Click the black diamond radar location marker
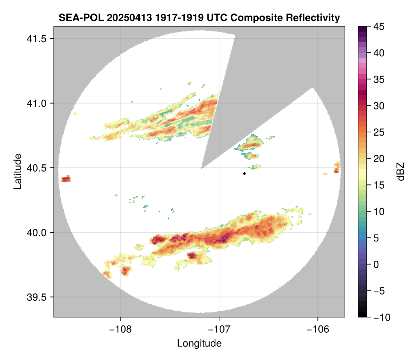click(244, 173)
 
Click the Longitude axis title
click(199, 343)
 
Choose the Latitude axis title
click(17, 171)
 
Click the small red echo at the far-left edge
click(66, 179)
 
